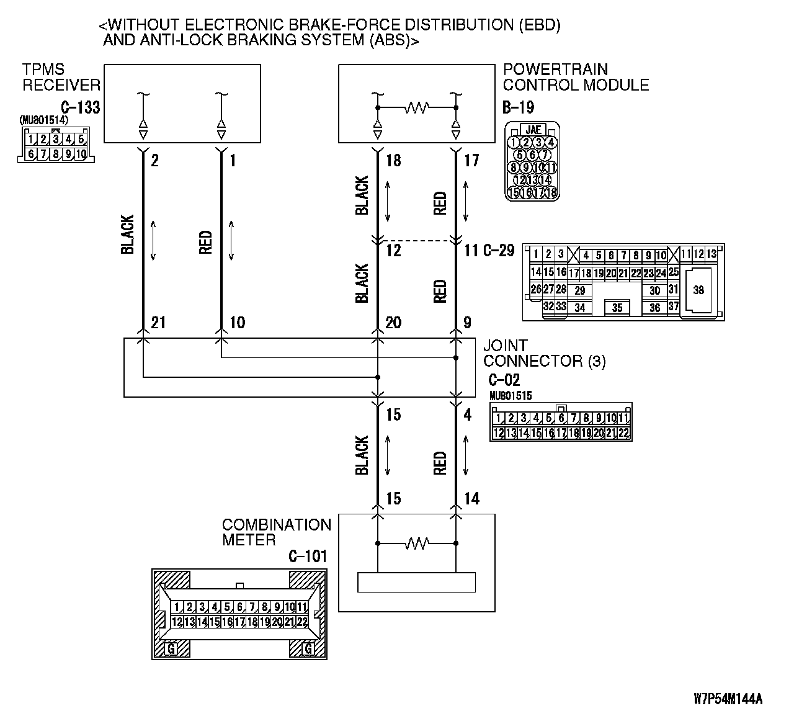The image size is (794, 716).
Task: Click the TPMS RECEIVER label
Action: pos(61,78)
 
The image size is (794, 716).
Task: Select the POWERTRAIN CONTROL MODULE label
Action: pos(576,78)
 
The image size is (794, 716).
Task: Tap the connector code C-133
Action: pos(81,107)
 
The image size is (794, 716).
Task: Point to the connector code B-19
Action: pos(518,107)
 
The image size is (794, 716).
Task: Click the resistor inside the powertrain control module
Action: pos(417,108)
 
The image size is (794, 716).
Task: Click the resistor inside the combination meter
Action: pos(417,544)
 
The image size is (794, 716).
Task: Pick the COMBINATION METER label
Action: pos(276,532)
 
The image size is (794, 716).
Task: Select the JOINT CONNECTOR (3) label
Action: pos(544,353)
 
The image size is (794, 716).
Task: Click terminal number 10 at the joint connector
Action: pos(237,323)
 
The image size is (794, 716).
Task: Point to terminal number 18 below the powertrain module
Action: pos(393,161)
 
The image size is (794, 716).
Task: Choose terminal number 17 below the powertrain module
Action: pos(471,161)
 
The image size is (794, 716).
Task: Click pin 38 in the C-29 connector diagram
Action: pos(698,290)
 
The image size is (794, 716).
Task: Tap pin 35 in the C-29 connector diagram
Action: pos(617,307)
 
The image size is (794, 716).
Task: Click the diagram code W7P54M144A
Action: pos(728,699)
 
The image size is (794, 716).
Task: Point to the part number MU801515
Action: pos(510,395)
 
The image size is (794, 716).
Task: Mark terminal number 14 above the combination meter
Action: pos(471,499)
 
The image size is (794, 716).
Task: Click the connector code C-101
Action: pos(308,557)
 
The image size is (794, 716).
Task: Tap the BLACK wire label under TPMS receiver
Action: pos(127,235)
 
